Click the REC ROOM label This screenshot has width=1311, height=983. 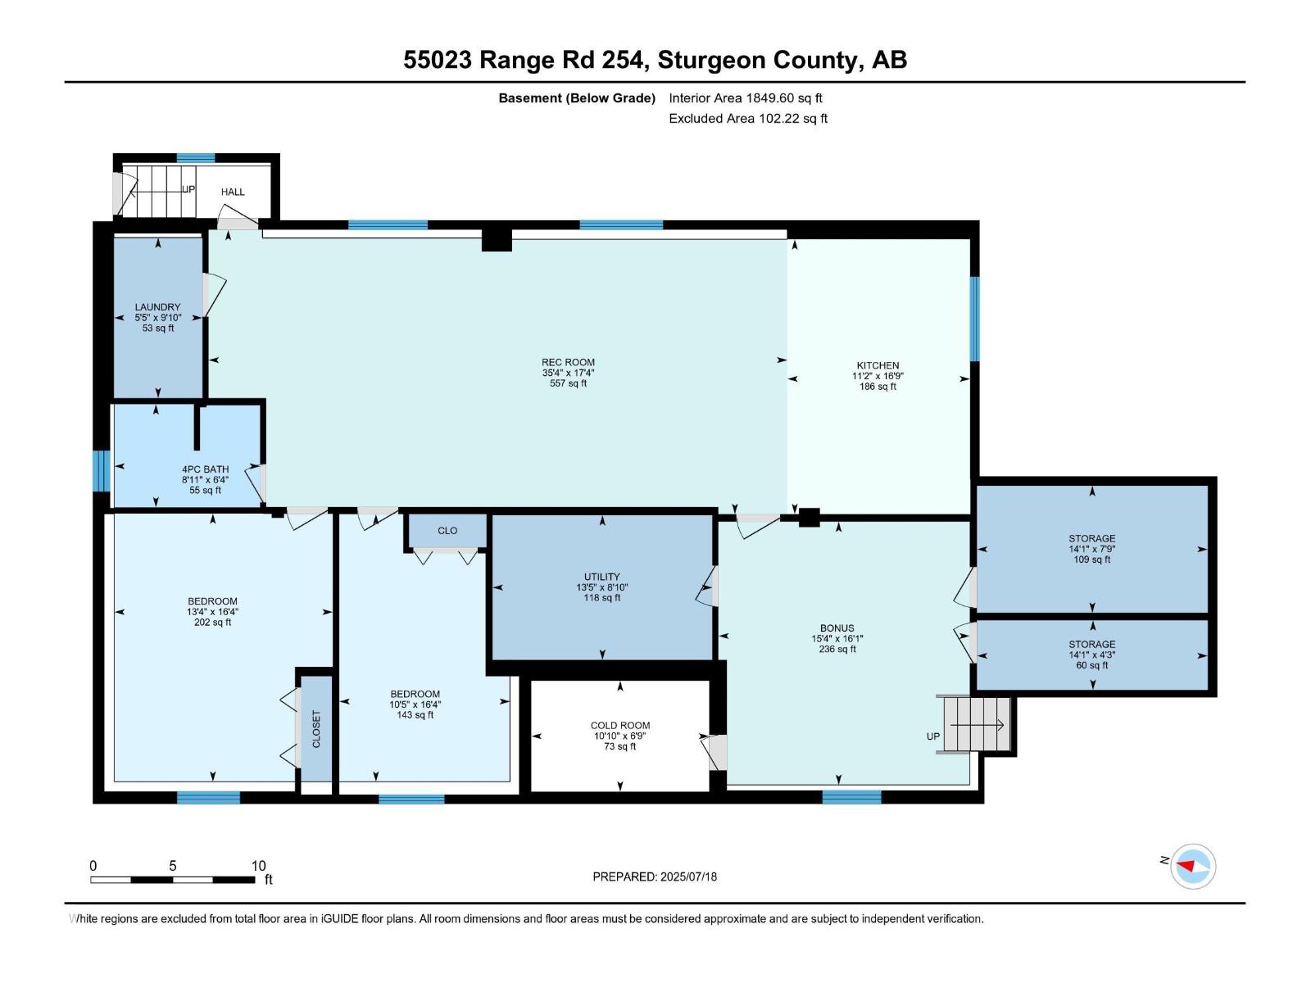[568, 362]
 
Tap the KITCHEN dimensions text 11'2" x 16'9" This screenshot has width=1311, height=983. [878, 376]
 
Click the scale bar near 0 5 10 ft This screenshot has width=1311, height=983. [172, 880]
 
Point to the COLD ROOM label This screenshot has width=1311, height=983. [619, 725]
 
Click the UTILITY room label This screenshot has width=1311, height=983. [601, 577]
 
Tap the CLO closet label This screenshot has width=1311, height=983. [447, 531]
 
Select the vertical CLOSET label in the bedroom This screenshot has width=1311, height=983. [316, 728]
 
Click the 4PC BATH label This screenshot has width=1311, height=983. [205, 469]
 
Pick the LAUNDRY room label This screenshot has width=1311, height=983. [157, 307]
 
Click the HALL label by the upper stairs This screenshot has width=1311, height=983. [233, 192]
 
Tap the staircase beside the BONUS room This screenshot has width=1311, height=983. [976, 724]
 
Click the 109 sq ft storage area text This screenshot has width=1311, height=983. [1091, 559]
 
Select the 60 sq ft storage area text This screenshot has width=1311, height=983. [1091, 665]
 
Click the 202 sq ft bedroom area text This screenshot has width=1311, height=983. [212, 623]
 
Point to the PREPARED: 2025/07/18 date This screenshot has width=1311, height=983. [655, 877]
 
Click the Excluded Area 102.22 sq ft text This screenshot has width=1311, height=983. [747, 118]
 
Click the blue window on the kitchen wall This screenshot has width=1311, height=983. [974, 319]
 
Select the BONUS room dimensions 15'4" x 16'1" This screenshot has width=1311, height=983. [837, 638]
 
